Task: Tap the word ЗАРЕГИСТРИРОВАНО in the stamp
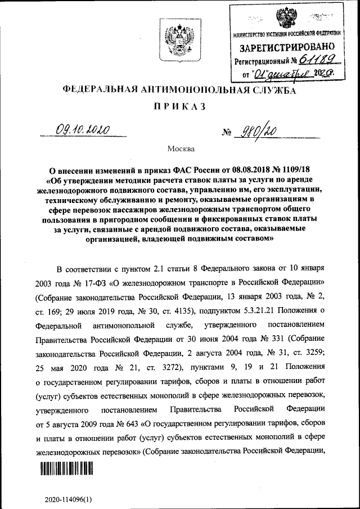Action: [289, 47]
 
